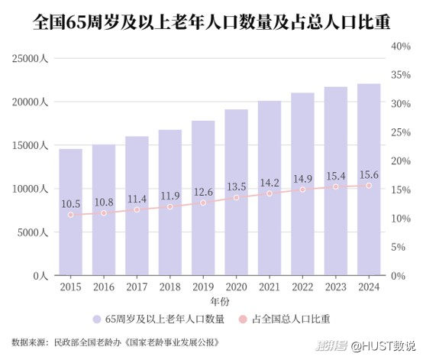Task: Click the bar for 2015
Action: [x=71, y=212]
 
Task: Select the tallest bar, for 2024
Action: [x=369, y=180]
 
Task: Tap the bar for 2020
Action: [x=237, y=193]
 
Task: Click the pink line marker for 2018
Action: [x=170, y=206]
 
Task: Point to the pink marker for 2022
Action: [x=302, y=190]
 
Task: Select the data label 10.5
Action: [x=71, y=204]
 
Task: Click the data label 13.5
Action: [x=237, y=186]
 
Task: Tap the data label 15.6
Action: [x=369, y=175]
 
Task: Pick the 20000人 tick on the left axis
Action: [x=30, y=102]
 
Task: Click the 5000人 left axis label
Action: [x=33, y=232]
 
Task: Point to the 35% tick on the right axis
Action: [x=401, y=75]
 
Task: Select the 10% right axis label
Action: [x=401, y=218]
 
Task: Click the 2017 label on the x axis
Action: [x=137, y=287]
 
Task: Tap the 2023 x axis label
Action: [x=336, y=287]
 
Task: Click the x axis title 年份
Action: [x=220, y=301]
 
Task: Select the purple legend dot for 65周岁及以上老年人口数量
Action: [x=96, y=319]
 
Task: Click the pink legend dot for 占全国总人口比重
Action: [x=243, y=319]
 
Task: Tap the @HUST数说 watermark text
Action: [x=383, y=346]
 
